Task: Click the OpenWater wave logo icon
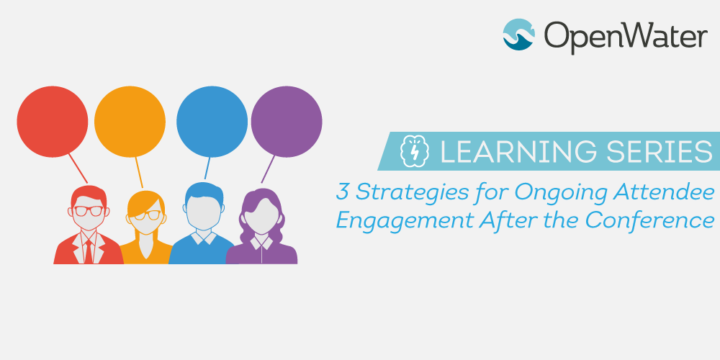click(519, 35)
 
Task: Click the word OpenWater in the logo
click(626, 36)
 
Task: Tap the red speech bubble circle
click(53, 122)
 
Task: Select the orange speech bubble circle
click(130, 122)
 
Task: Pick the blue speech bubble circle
click(212, 122)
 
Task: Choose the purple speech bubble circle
click(287, 122)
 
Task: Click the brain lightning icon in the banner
click(415, 151)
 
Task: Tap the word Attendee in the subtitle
click(668, 192)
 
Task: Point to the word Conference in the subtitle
click(649, 220)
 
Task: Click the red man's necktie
click(88, 251)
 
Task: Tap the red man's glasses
click(89, 211)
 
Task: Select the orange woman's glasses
click(148, 215)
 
